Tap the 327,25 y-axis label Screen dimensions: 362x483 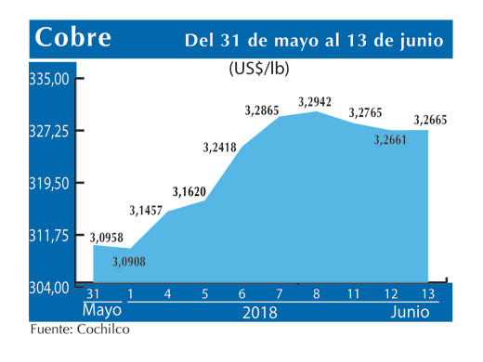(51, 132)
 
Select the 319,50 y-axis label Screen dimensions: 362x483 (51, 184)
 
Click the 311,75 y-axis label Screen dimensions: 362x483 (51, 236)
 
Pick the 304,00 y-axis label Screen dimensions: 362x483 (51, 287)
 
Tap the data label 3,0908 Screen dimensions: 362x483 (130, 263)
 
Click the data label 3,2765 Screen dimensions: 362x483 (367, 112)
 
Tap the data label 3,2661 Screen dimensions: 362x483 (391, 141)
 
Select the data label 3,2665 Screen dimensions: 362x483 (432, 118)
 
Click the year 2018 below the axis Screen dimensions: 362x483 (261, 313)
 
